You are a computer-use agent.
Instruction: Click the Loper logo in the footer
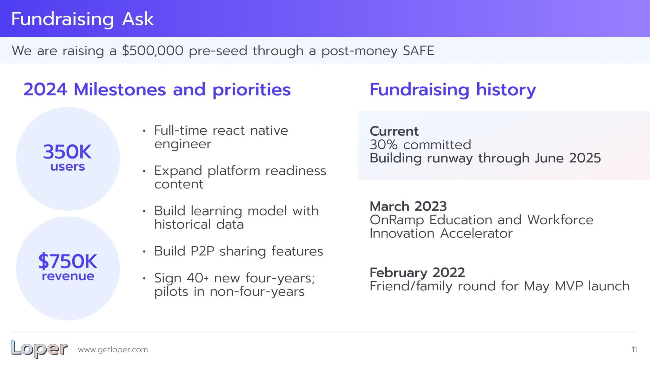pyautogui.click(x=39, y=349)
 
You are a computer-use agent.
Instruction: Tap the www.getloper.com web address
pyautogui.click(x=113, y=350)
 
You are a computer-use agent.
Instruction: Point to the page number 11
pyautogui.click(x=634, y=349)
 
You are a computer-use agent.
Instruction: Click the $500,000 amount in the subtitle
pyautogui.click(x=153, y=51)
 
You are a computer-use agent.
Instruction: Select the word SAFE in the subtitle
pyautogui.click(x=418, y=51)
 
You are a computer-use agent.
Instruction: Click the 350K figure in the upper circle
pyautogui.click(x=67, y=152)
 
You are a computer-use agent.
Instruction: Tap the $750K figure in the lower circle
pyautogui.click(x=68, y=261)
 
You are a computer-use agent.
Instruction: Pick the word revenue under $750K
pyautogui.click(x=68, y=276)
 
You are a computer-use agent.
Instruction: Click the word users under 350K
pyautogui.click(x=68, y=166)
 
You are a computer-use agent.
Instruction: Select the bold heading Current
pyautogui.click(x=394, y=131)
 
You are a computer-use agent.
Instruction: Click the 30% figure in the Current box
pyautogui.click(x=383, y=145)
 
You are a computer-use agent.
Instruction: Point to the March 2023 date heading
pyautogui.click(x=408, y=206)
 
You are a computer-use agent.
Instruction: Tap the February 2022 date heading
pyautogui.click(x=417, y=272)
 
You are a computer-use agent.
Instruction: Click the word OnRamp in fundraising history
pyautogui.click(x=397, y=220)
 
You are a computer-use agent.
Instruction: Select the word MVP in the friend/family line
pyautogui.click(x=569, y=286)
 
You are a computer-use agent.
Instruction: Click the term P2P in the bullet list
pyautogui.click(x=202, y=251)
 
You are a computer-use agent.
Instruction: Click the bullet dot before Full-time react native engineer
pyautogui.click(x=144, y=131)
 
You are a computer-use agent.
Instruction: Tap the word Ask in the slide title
pyautogui.click(x=138, y=19)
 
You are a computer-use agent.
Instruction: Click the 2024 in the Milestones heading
pyautogui.click(x=45, y=90)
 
